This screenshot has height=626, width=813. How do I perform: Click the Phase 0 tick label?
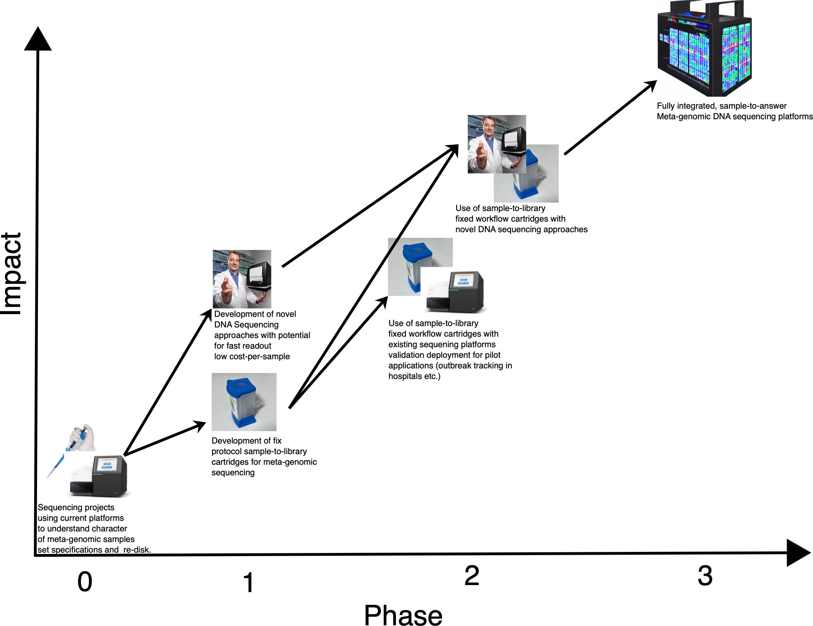tap(85, 582)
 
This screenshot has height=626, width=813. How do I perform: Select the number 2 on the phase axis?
tap(471, 575)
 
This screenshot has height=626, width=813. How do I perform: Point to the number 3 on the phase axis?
tap(705, 575)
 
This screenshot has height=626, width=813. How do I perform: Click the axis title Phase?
tap(403, 615)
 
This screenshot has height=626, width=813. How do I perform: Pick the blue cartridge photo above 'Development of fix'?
tap(244, 402)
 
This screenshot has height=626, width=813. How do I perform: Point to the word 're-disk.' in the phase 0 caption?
tap(136, 550)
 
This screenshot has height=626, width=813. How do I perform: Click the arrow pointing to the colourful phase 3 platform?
tap(611, 117)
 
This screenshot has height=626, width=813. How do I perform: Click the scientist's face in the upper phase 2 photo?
tap(489, 128)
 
